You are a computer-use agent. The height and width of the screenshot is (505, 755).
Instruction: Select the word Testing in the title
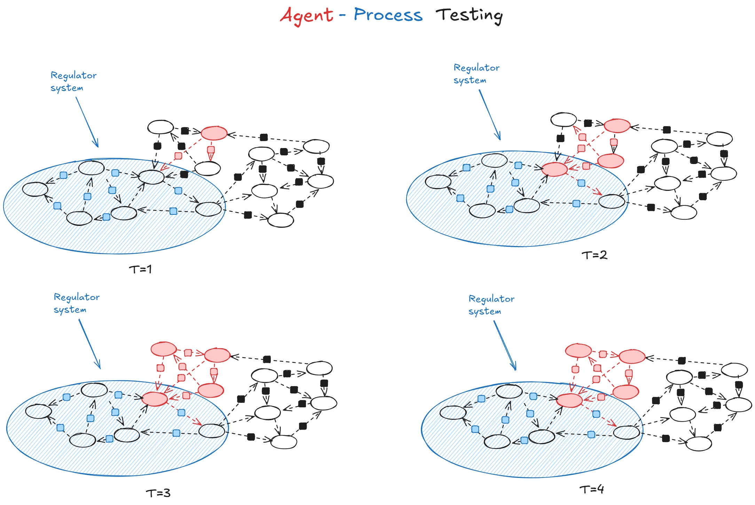(x=469, y=15)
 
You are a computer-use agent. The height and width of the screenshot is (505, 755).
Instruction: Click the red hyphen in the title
(x=342, y=15)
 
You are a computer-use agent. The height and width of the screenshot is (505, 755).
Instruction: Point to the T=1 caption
(x=140, y=269)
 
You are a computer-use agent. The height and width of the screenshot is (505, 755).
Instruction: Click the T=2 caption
(x=594, y=255)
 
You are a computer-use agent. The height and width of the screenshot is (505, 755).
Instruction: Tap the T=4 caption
(x=591, y=489)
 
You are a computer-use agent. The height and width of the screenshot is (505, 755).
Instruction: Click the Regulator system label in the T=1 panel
(x=73, y=81)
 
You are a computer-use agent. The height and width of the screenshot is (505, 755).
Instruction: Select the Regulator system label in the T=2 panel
(x=476, y=74)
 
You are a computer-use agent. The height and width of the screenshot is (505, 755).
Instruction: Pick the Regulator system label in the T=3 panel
(x=76, y=303)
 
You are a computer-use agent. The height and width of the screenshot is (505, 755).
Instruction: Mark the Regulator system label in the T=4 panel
(x=491, y=305)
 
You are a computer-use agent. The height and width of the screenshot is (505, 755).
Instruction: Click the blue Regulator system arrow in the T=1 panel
(x=87, y=122)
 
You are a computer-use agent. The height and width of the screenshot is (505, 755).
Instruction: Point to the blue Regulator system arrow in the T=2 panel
(x=490, y=115)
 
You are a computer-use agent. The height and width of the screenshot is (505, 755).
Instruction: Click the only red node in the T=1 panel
(x=214, y=133)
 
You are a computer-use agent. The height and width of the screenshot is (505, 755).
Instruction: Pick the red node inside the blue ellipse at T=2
(x=554, y=169)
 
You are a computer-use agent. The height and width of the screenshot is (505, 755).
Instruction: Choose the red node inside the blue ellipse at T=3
(x=155, y=399)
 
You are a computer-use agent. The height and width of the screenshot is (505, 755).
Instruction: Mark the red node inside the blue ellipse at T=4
(x=569, y=400)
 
